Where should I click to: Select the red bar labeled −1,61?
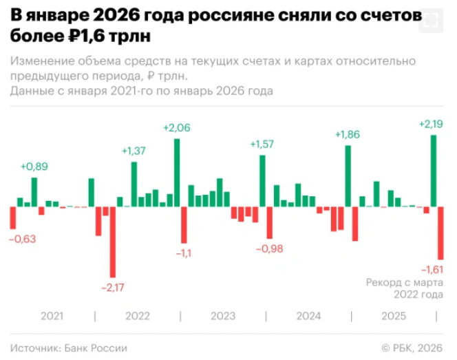[x=440, y=233]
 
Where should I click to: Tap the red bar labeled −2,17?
[x=113, y=242]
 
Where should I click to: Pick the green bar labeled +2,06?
[x=177, y=172]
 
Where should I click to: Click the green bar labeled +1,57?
[x=262, y=180]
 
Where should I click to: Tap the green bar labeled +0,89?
[x=34, y=192]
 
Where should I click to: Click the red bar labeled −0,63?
[x=12, y=218]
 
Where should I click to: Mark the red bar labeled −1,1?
[x=184, y=224]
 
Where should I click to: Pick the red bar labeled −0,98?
[x=269, y=222]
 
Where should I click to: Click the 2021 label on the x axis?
[x=52, y=316]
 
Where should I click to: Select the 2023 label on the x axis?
[x=223, y=316]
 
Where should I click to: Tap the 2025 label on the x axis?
[x=394, y=316]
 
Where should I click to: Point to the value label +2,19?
[x=431, y=124]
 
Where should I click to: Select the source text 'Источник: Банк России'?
[x=69, y=348]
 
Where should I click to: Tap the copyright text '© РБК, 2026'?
[x=412, y=348]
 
